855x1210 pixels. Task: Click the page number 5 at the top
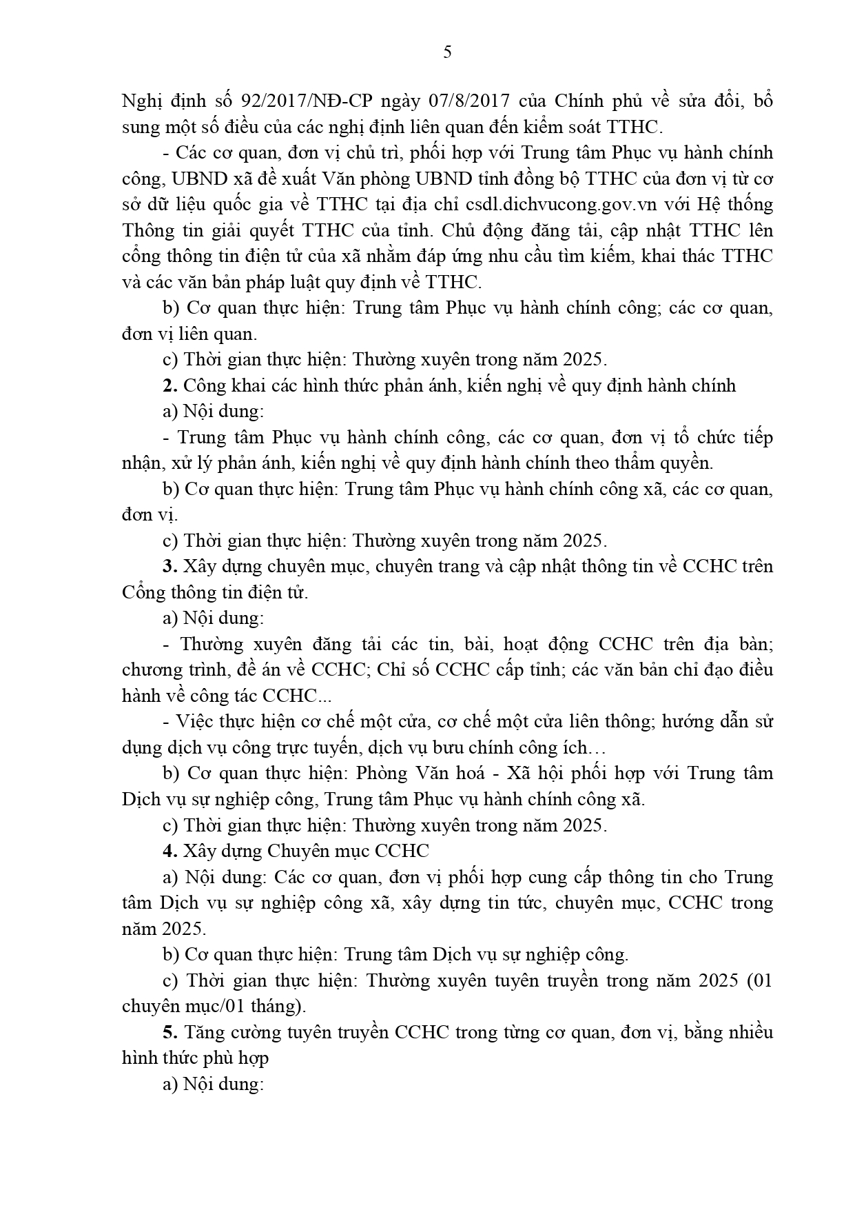click(x=447, y=52)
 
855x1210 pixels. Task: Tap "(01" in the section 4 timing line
click(x=759, y=980)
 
